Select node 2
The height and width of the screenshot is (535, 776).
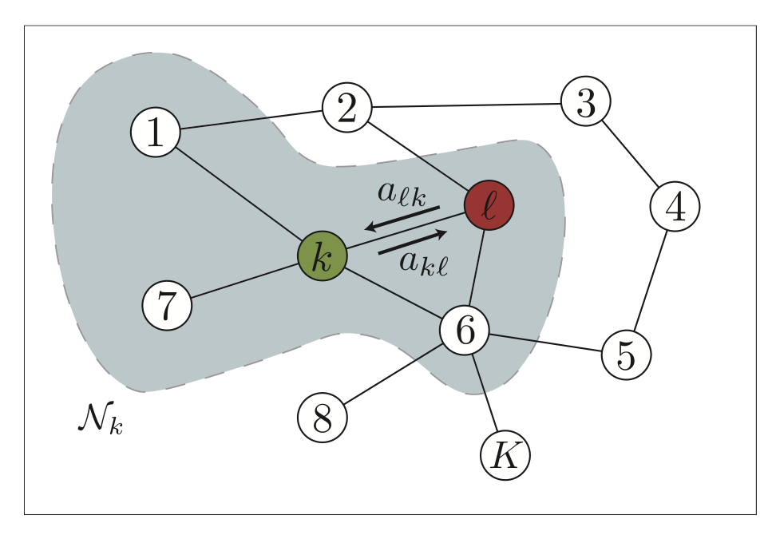pyautogui.click(x=347, y=108)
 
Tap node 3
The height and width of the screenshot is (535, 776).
pyautogui.click(x=585, y=102)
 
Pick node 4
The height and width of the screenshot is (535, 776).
pyautogui.click(x=675, y=207)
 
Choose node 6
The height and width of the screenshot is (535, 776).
pyautogui.click(x=465, y=329)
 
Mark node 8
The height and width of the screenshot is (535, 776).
pyautogui.click(x=323, y=418)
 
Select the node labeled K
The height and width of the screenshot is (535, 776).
pyautogui.click(x=505, y=455)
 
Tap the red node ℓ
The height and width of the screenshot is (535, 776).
pyautogui.click(x=489, y=205)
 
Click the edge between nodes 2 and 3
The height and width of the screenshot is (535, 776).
pyautogui.click(x=466, y=105)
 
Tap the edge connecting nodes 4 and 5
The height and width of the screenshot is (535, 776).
pyautogui.click(x=651, y=279)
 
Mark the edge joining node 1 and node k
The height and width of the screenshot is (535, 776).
pyautogui.click(x=238, y=194)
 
